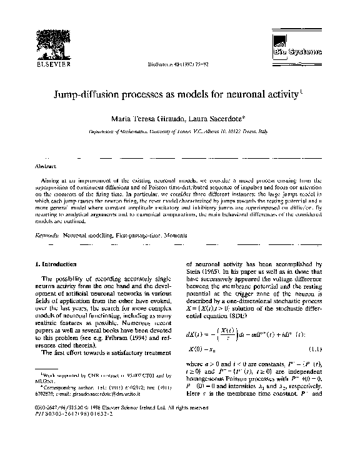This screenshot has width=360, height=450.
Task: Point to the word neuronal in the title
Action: point(247,94)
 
